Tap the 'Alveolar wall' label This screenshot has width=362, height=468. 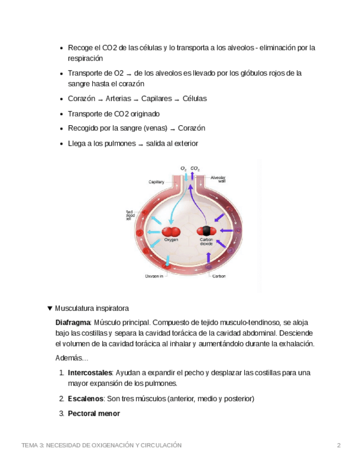tap(218, 179)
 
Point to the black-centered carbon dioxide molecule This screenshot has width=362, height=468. tap(206, 231)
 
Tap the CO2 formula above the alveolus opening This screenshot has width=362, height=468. tap(195, 168)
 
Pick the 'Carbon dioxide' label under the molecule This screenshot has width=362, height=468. tap(206, 242)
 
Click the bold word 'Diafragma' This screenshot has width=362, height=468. tap(73, 322)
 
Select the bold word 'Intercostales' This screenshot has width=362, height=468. tap(90, 373)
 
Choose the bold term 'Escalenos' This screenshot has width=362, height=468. tap(86, 398)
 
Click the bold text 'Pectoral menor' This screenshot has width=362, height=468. tap(94, 413)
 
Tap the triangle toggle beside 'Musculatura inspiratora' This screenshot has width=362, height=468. tap(50, 308)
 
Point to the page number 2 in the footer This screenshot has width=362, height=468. tap(339, 445)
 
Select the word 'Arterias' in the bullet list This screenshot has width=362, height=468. tap(118, 99)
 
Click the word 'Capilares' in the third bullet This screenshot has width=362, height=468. tap(157, 99)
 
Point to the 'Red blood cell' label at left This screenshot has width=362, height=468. tap(129, 215)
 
